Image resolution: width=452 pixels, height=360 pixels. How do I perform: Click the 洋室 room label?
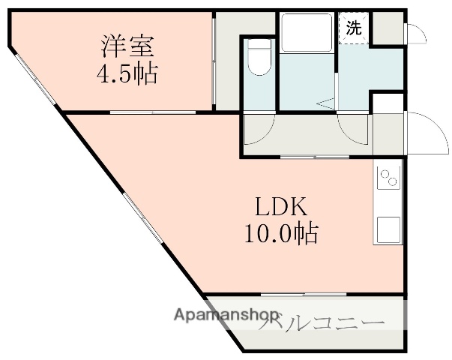point(129,46)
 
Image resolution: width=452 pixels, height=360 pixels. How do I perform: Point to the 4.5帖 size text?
point(129,74)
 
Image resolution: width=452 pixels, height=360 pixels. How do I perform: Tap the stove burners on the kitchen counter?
point(389,179)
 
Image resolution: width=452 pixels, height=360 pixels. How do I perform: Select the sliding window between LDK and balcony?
point(304,294)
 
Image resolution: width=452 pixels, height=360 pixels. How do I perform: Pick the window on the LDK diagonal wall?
point(142,218)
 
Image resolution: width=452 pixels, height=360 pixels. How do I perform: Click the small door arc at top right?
point(415,34)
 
